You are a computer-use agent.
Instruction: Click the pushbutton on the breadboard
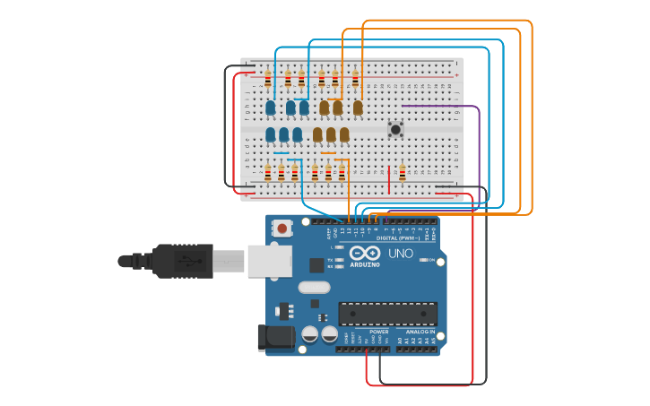(395, 130)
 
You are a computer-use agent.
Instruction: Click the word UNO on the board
(401, 254)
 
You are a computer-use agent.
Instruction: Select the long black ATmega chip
(387, 314)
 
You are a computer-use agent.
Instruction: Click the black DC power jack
(275, 337)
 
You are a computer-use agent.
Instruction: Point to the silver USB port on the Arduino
(269, 261)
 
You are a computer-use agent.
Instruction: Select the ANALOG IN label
(417, 332)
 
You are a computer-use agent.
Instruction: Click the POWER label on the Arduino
(378, 332)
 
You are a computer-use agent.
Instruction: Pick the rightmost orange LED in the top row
(358, 108)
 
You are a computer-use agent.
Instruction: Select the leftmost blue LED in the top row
(271, 108)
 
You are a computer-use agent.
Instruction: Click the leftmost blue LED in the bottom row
(271, 134)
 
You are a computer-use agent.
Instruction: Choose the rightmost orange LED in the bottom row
(344, 134)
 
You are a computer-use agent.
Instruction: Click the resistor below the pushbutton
(403, 171)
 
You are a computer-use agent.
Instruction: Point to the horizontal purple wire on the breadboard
(430, 106)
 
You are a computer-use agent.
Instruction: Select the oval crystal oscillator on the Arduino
(314, 288)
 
